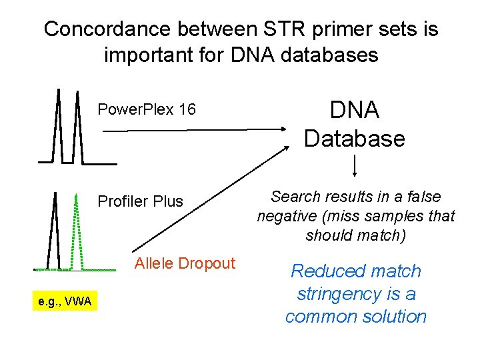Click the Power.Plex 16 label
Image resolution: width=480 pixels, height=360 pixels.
coord(147,109)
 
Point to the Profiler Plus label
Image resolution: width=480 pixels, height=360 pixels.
coord(140,201)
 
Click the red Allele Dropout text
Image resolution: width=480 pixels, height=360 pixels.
coord(185,263)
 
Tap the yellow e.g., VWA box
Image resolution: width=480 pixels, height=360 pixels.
coord(65,302)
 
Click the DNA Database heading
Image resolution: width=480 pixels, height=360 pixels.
coord(354,125)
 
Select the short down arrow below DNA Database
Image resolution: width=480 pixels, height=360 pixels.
coord(354,165)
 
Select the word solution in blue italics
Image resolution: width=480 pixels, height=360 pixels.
coord(393,315)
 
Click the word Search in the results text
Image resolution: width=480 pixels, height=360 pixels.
coord(293,197)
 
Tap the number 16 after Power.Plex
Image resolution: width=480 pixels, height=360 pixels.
coord(187,109)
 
